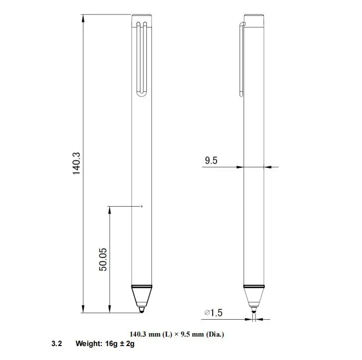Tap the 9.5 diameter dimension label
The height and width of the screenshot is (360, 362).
pyautogui.click(x=211, y=160)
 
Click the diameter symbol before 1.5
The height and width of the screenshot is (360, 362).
pyautogui.click(x=206, y=313)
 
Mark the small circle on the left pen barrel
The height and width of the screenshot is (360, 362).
pyautogui.click(x=141, y=206)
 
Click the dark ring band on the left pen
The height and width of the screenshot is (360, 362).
pyautogui.click(x=141, y=286)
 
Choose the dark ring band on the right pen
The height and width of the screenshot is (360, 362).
pyautogui.click(x=254, y=286)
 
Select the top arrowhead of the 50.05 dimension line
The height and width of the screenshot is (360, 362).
pyautogui.click(x=109, y=209)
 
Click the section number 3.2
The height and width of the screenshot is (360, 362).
pyautogui.click(x=56, y=344)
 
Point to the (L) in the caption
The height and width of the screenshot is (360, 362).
pyautogui.click(x=168, y=334)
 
